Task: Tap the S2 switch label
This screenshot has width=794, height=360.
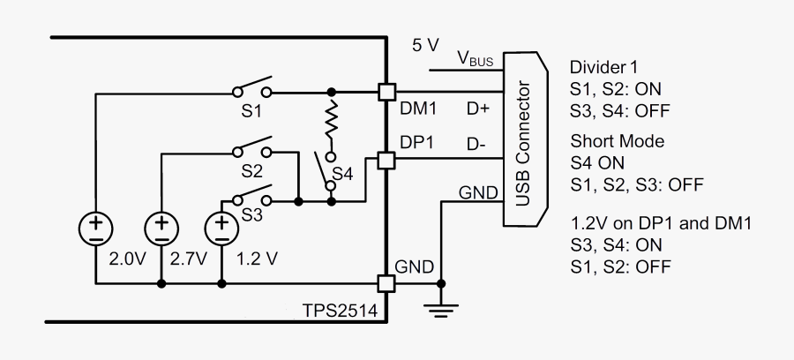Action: point(251,171)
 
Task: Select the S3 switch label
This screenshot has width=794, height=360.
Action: point(251,214)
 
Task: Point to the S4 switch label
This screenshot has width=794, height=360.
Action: point(344,175)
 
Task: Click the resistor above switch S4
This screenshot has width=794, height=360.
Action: point(332,121)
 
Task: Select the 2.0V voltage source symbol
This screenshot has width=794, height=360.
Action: point(94,229)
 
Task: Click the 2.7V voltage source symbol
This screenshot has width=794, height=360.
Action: point(161,229)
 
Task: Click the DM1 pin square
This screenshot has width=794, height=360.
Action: point(386,91)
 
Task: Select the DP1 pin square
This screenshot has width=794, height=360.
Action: point(386,160)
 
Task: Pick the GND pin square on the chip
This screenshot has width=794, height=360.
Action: point(386,284)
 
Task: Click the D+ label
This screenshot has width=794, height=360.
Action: point(477,109)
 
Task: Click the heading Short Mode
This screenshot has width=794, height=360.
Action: point(618,141)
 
